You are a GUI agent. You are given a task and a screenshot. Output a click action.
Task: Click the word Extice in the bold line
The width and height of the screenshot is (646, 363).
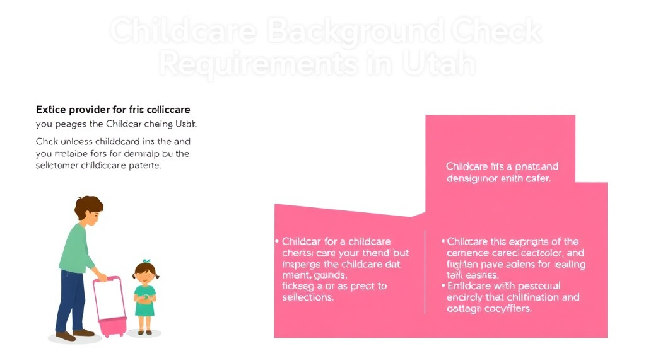[x=51, y=110]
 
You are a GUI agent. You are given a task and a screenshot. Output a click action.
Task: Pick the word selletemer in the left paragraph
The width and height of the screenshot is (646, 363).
[x=62, y=166]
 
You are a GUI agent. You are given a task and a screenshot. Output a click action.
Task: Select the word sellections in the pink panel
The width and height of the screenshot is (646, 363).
[x=308, y=297]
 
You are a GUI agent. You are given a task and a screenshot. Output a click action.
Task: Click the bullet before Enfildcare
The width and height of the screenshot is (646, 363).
[x=443, y=286]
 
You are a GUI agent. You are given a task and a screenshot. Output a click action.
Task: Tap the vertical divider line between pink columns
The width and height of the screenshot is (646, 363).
[x=425, y=271]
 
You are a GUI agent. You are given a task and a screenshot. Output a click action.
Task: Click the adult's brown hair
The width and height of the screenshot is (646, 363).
[x=89, y=205]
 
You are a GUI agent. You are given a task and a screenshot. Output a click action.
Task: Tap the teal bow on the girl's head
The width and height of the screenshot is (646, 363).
[x=146, y=262]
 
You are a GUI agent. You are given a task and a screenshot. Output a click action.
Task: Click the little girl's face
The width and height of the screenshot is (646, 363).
[x=145, y=274]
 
